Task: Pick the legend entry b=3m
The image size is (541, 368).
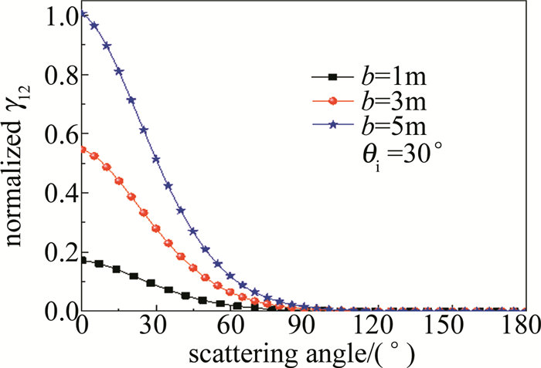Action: [x=380, y=101]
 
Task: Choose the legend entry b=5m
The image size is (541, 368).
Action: [x=380, y=126]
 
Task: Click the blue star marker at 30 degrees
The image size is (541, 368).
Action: [x=156, y=159]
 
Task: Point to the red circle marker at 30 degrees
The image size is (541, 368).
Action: [x=156, y=228]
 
